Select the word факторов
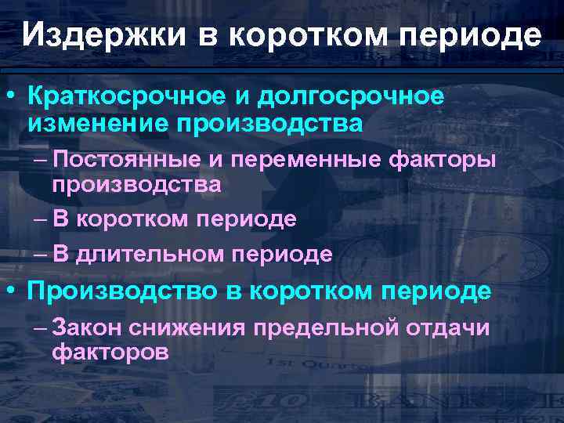[110, 352]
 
